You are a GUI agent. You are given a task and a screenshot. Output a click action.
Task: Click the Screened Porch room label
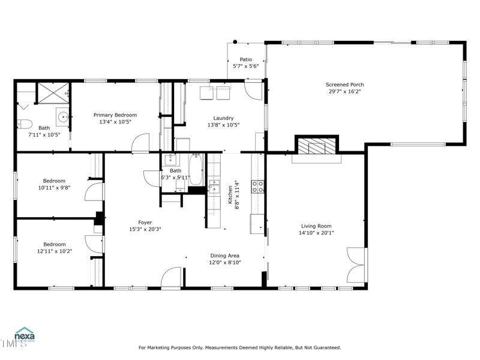click(344, 85)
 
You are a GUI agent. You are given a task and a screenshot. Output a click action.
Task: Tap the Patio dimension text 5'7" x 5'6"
click(245, 67)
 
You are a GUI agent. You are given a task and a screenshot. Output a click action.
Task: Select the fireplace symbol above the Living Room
click(316, 146)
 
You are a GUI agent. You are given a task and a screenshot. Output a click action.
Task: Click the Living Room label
click(316, 226)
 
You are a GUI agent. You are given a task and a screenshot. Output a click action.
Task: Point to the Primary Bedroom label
click(115, 115)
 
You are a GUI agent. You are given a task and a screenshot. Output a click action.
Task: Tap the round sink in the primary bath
click(62, 116)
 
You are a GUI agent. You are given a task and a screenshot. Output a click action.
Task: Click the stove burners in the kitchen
click(258, 187)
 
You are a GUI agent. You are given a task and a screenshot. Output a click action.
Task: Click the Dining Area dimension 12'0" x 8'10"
click(225, 263)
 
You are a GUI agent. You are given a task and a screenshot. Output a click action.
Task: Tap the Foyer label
click(145, 222)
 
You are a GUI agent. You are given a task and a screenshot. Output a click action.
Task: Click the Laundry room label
click(223, 118)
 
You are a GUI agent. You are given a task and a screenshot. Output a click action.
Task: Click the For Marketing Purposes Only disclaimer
click(240, 347)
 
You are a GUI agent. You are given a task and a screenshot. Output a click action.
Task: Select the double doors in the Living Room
click(356, 265)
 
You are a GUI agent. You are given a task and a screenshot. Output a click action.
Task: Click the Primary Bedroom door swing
click(140, 143)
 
